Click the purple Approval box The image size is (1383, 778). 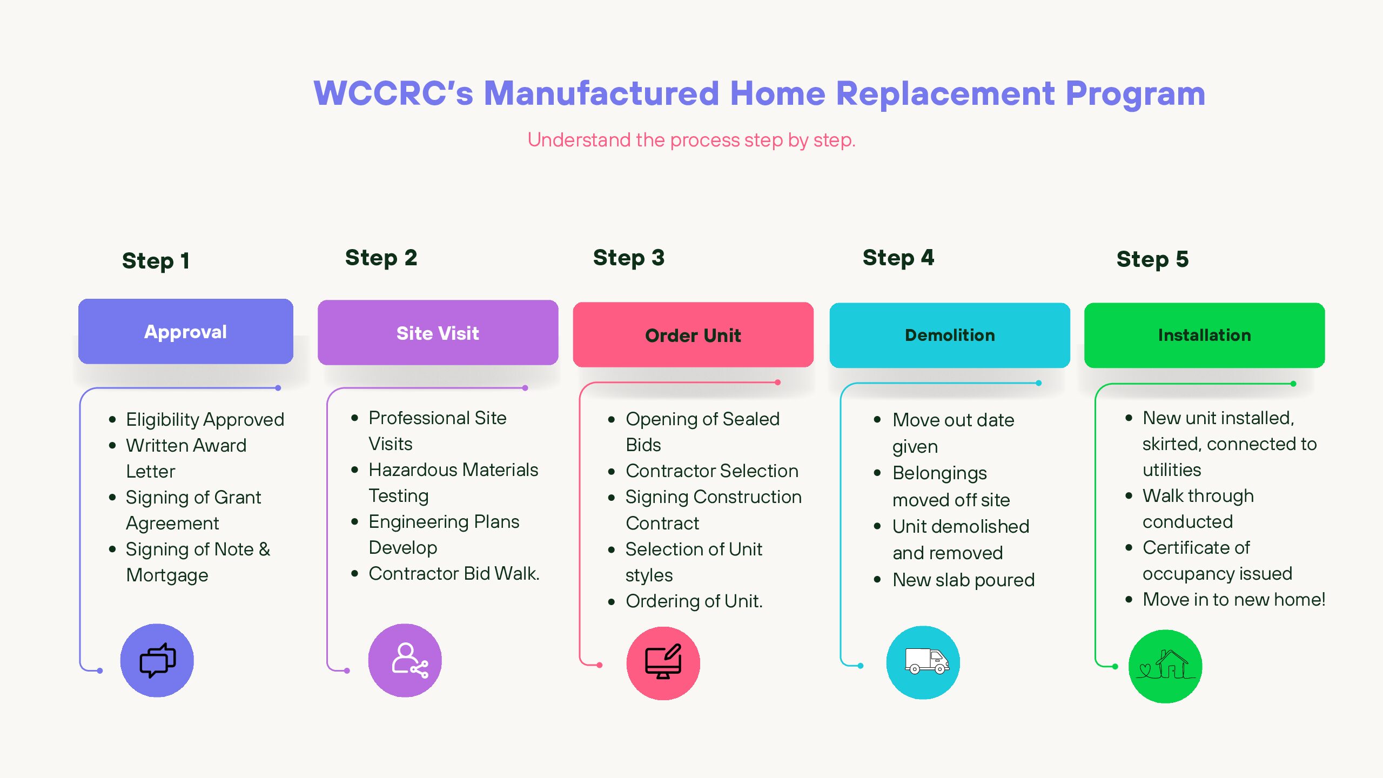click(186, 331)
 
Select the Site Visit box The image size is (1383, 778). click(438, 333)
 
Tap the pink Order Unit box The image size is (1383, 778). click(693, 335)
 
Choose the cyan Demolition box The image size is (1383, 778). click(950, 335)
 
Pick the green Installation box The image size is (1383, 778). click(1204, 335)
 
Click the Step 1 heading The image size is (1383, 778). click(156, 261)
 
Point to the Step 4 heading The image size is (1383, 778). click(898, 258)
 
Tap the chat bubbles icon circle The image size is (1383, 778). click(157, 660)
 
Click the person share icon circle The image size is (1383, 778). click(405, 660)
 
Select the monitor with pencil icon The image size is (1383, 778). click(663, 661)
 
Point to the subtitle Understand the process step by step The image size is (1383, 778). click(691, 140)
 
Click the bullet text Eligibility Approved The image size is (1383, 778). click(205, 419)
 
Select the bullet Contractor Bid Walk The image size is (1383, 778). click(454, 573)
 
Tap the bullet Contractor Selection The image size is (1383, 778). click(712, 471)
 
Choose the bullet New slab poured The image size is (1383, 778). click(964, 580)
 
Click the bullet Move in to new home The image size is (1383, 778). click(1234, 599)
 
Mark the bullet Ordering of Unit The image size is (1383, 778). click(694, 601)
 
